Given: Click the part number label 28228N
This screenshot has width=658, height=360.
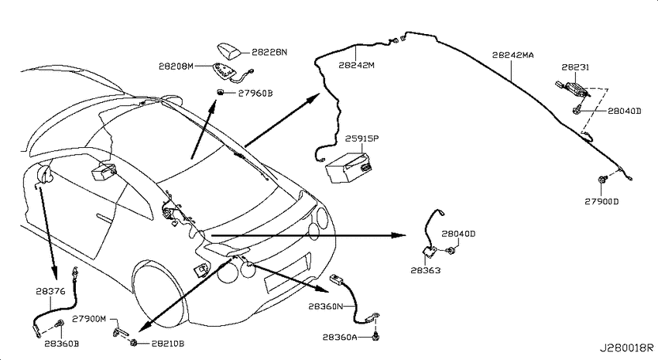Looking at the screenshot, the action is (x=269, y=53).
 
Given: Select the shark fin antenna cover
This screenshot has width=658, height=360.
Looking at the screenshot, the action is (x=228, y=50).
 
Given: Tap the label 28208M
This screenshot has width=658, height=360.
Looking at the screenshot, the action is (x=176, y=66).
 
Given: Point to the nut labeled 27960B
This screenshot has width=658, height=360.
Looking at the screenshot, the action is (x=220, y=92).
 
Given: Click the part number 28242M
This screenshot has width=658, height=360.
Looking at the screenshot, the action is (x=357, y=65).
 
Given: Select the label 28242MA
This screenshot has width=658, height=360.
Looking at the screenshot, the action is (x=512, y=55).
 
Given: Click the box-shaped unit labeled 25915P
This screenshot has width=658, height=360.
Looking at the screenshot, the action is (x=348, y=167).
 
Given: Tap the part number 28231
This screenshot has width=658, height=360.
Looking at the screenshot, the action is (x=575, y=67).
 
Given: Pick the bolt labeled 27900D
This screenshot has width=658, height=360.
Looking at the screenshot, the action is (x=601, y=180).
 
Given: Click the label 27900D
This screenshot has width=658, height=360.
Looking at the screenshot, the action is (x=601, y=201).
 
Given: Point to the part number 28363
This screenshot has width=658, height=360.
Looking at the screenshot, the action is (x=426, y=271).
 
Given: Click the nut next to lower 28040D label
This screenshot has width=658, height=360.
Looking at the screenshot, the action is (x=451, y=252).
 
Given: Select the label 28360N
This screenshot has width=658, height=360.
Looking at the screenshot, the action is (x=326, y=307).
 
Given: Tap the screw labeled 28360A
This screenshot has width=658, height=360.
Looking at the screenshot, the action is (x=376, y=335).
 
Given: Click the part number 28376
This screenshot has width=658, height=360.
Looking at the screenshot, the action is (x=50, y=291).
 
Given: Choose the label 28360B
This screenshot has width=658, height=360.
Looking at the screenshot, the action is (x=62, y=344).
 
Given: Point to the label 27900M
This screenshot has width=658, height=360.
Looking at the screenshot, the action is (x=89, y=319).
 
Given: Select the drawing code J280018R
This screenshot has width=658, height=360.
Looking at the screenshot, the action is (x=626, y=348).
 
